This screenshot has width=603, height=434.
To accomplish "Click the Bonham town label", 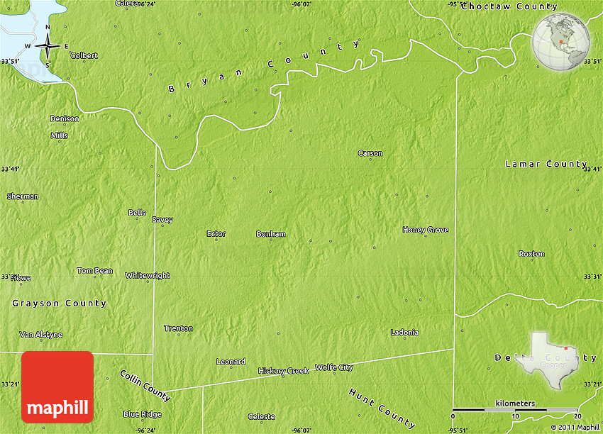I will [x=271, y=234].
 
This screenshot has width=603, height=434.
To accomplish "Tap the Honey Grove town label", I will [x=426, y=230].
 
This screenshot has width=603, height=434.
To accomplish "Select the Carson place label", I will [x=370, y=153].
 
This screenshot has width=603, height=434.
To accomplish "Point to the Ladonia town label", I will [x=404, y=333].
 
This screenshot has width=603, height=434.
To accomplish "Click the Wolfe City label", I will [x=334, y=367].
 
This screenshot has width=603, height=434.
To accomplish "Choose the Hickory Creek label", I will [x=283, y=371].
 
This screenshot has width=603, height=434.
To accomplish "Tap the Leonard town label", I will [x=231, y=362].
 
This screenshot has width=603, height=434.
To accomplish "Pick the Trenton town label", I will [x=178, y=328].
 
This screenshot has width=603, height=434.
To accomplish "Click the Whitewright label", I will [x=148, y=275].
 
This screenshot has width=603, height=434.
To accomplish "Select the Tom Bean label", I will [x=94, y=271].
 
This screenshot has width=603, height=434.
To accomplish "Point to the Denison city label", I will [x=65, y=118].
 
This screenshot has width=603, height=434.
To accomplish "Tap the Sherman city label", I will [x=23, y=196].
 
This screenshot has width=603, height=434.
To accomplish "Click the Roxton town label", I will [x=531, y=254].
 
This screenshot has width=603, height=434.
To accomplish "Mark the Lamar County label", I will [x=546, y=164].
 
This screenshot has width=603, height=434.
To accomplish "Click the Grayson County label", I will [x=59, y=304].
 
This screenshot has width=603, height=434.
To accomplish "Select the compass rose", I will [x=48, y=46].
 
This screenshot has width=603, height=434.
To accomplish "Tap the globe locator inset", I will [x=560, y=41].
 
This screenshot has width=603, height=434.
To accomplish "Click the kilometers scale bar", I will [x=516, y=408].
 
